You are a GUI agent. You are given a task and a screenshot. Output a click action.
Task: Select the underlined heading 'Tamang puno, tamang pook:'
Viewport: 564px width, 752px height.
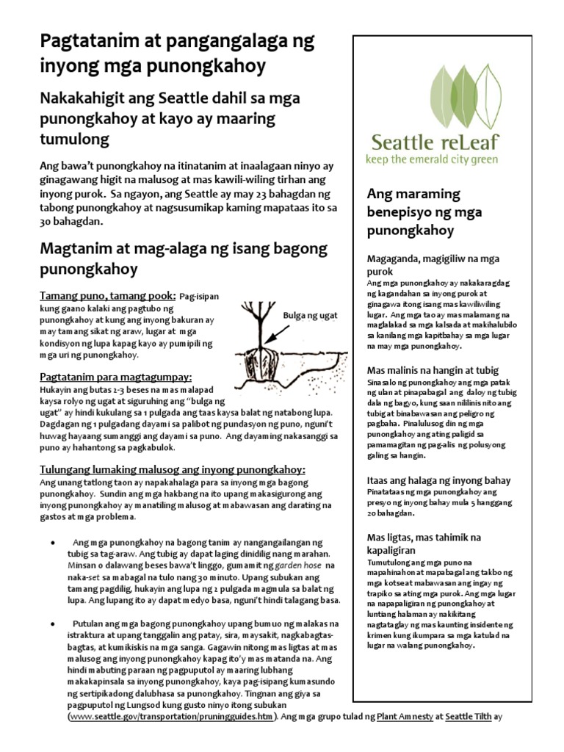click(x=107, y=295)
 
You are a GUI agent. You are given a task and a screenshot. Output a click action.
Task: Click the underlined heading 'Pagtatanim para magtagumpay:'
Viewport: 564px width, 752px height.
click(x=115, y=377)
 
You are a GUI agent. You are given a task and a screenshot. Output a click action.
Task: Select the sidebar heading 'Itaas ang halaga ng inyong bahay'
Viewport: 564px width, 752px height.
click(x=439, y=480)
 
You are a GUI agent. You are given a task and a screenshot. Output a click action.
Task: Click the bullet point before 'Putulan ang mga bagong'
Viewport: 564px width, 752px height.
click(x=53, y=623)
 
